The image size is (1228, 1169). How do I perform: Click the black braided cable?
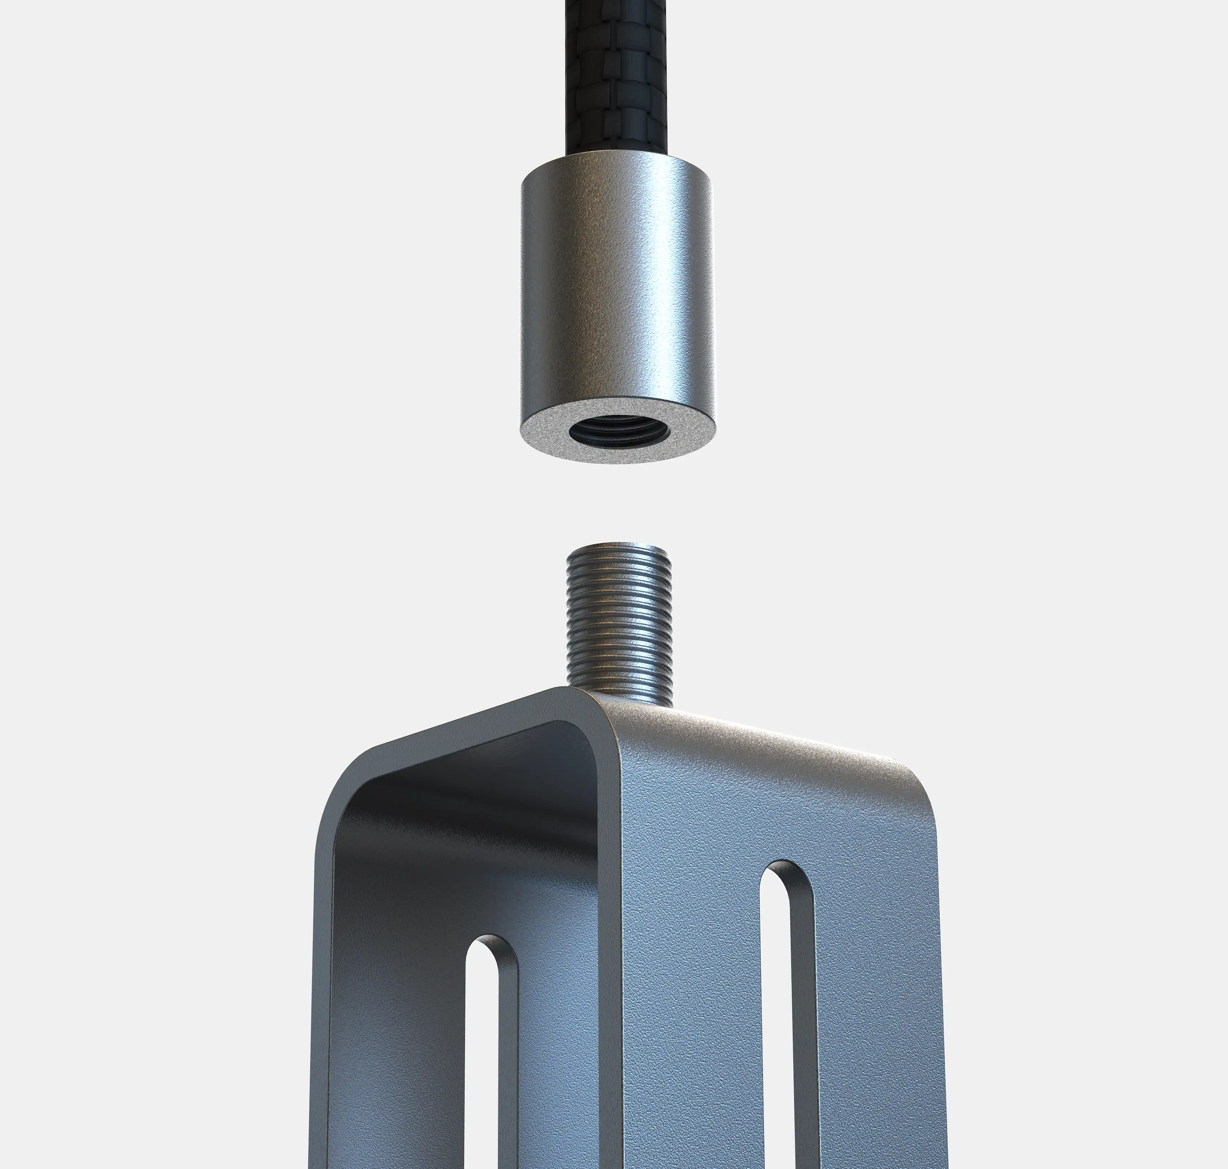[x=611, y=75]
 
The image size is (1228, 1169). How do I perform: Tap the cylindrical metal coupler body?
[x=617, y=280]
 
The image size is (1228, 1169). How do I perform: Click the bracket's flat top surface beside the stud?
[x=748, y=735]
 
